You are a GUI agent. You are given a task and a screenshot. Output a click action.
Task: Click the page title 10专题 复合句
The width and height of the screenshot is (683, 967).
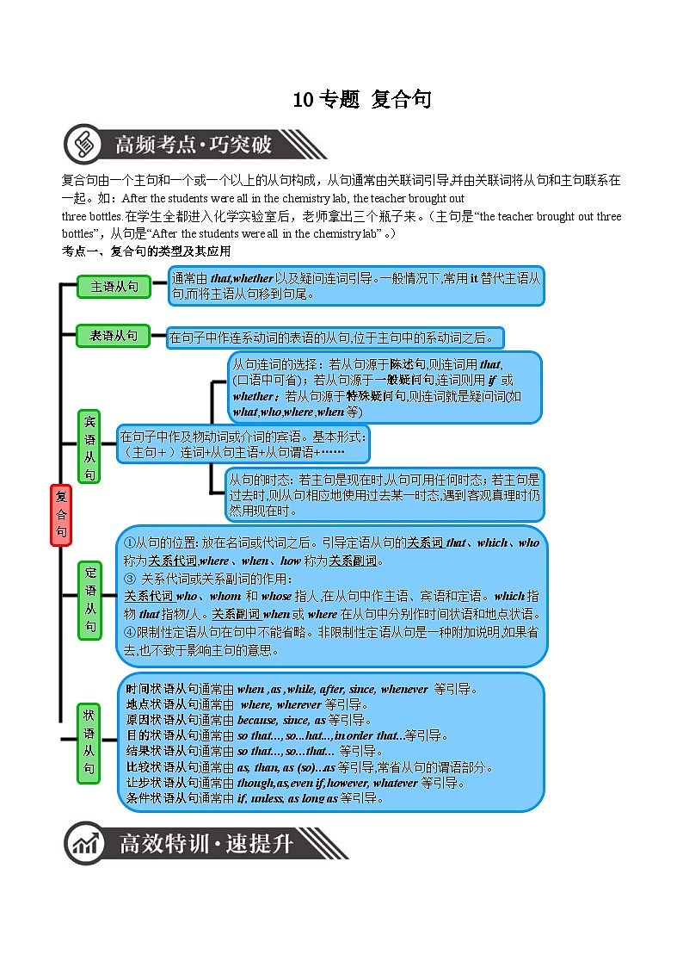pyautogui.click(x=361, y=100)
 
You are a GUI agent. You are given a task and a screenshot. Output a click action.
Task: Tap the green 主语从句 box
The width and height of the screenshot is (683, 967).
pyautogui.click(x=114, y=288)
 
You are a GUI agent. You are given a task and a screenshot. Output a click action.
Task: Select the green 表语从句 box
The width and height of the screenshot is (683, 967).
pyautogui.click(x=114, y=336)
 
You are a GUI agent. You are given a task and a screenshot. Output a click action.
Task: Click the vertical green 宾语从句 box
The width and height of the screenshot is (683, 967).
pyautogui.click(x=91, y=447)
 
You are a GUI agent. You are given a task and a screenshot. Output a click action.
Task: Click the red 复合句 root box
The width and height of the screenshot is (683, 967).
pyautogui.click(x=60, y=514)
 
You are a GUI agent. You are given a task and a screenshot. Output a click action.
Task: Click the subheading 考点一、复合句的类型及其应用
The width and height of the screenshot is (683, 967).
pyautogui.click(x=146, y=251)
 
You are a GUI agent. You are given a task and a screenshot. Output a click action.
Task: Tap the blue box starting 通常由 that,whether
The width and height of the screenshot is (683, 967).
pyautogui.click(x=356, y=286)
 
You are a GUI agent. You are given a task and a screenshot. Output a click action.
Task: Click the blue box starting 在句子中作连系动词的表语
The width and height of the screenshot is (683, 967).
pyautogui.click(x=335, y=338)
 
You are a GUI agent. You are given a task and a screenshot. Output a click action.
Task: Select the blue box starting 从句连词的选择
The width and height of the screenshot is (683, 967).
pyautogui.click(x=385, y=387)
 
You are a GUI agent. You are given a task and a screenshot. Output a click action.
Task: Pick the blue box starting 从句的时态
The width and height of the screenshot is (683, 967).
pyautogui.click(x=385, y=495)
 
